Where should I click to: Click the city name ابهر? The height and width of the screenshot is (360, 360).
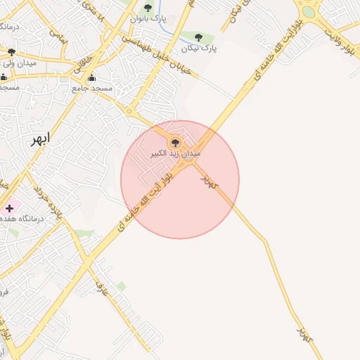(39, 139)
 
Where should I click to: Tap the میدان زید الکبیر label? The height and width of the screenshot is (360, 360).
(176, 153)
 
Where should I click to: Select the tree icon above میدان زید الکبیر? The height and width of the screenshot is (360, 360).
(175, 142)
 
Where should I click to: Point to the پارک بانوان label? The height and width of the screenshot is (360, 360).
(148, 18)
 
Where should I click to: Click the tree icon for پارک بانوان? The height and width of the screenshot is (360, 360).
(148, 8)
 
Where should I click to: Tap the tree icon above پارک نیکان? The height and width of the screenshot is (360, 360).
(198, 37)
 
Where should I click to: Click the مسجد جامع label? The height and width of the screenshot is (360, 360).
(92, 89)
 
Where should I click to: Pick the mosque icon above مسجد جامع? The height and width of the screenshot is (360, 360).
(91, 78)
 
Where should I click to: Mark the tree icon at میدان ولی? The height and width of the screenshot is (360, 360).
(11, 52)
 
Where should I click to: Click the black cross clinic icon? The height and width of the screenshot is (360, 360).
(9, 208)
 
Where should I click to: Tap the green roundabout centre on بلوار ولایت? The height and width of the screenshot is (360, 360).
(308, 11)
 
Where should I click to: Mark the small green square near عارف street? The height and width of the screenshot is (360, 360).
(122, 286)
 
